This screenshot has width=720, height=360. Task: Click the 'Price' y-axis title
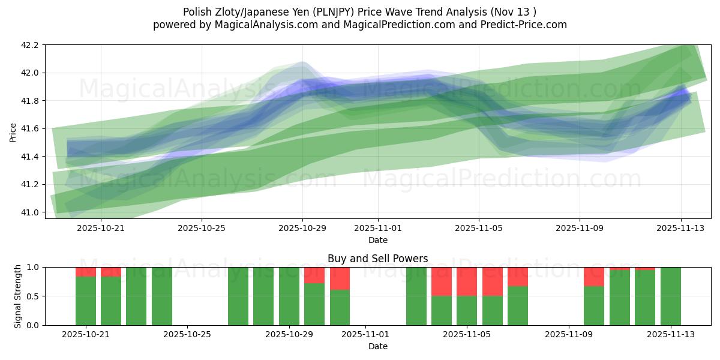13,131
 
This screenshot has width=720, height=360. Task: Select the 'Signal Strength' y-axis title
18,296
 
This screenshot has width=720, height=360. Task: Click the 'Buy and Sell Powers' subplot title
377,259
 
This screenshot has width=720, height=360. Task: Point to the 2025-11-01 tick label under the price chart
378,228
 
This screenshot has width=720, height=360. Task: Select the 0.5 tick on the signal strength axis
34,296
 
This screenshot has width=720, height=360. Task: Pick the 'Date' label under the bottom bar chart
377,346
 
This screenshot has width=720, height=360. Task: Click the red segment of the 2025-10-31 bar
340,278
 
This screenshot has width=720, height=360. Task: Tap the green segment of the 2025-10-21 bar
86,301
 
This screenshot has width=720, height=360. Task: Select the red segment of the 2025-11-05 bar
467,281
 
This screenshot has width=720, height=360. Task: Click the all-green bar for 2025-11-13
670,296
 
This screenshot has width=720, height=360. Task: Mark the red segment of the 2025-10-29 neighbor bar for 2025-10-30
314,275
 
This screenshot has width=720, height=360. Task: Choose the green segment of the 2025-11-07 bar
518,305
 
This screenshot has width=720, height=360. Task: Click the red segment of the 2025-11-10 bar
594,277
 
